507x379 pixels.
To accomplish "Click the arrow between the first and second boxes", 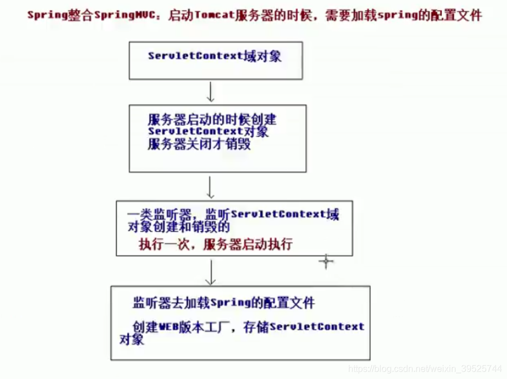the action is (x=210, y=91).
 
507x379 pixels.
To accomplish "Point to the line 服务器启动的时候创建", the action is (x=212, y=120).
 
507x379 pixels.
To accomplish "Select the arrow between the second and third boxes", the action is (x=210, y=186).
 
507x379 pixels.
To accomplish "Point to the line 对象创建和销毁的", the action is (x=178, y=227).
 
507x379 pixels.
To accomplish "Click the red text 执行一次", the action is (x=163, y=245).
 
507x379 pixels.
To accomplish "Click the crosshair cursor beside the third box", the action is (x=326, y=261).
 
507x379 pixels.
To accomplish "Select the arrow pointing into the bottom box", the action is (x=210, y=273).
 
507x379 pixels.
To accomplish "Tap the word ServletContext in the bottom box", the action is (x=317, y=327).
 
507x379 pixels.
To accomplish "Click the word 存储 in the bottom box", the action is (x=257, y=327).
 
